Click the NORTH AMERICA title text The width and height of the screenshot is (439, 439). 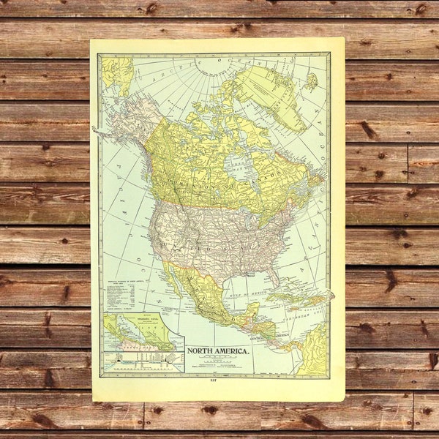coord(218,350)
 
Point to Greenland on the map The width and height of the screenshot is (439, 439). coord(269,95)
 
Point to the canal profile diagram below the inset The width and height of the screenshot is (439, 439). coord(143,360)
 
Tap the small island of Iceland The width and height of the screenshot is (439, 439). coord(312,83)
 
